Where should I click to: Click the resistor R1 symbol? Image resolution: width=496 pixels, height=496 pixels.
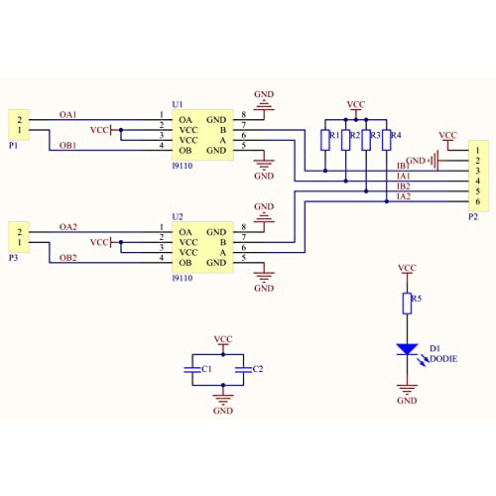[x=325, y=140]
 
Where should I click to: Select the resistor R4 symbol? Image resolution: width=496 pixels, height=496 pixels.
[x=386, y=140]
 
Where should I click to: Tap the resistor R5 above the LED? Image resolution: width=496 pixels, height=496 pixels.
[x=407, y=304]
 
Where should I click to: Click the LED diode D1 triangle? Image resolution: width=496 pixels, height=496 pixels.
[x=407, y=349]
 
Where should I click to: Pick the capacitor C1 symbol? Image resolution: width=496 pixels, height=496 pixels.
[x=192, y=370]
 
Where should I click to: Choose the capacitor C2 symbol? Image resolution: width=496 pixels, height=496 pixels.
[x=244, y=370]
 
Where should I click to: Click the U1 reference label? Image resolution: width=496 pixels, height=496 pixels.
[x=178, y=104]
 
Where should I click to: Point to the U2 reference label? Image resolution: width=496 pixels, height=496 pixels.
[x=178, y=217]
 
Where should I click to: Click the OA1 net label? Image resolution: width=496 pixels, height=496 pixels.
[x=68, y=115]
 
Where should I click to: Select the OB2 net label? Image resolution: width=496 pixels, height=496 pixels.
[x=68, y=258]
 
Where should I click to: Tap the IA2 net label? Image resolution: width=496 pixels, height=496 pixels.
[x=404, y=196]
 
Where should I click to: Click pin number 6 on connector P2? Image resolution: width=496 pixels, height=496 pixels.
[x=478, y=201]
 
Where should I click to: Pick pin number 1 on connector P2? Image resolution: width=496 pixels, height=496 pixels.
[x=478, y=151]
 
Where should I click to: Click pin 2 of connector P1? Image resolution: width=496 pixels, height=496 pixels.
[x=20, y=120]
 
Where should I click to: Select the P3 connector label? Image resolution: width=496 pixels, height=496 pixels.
[x=13, y=258]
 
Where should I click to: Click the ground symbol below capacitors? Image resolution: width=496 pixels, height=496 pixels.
[x=223, y=400]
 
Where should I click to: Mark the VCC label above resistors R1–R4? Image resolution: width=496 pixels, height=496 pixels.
[x=356, y=104]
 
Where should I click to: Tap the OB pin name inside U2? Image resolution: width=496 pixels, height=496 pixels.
[x=186, y=263]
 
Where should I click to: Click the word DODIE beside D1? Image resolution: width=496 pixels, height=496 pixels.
[x=443, y=359]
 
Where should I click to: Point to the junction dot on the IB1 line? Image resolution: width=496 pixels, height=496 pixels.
[x=325, y=171]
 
